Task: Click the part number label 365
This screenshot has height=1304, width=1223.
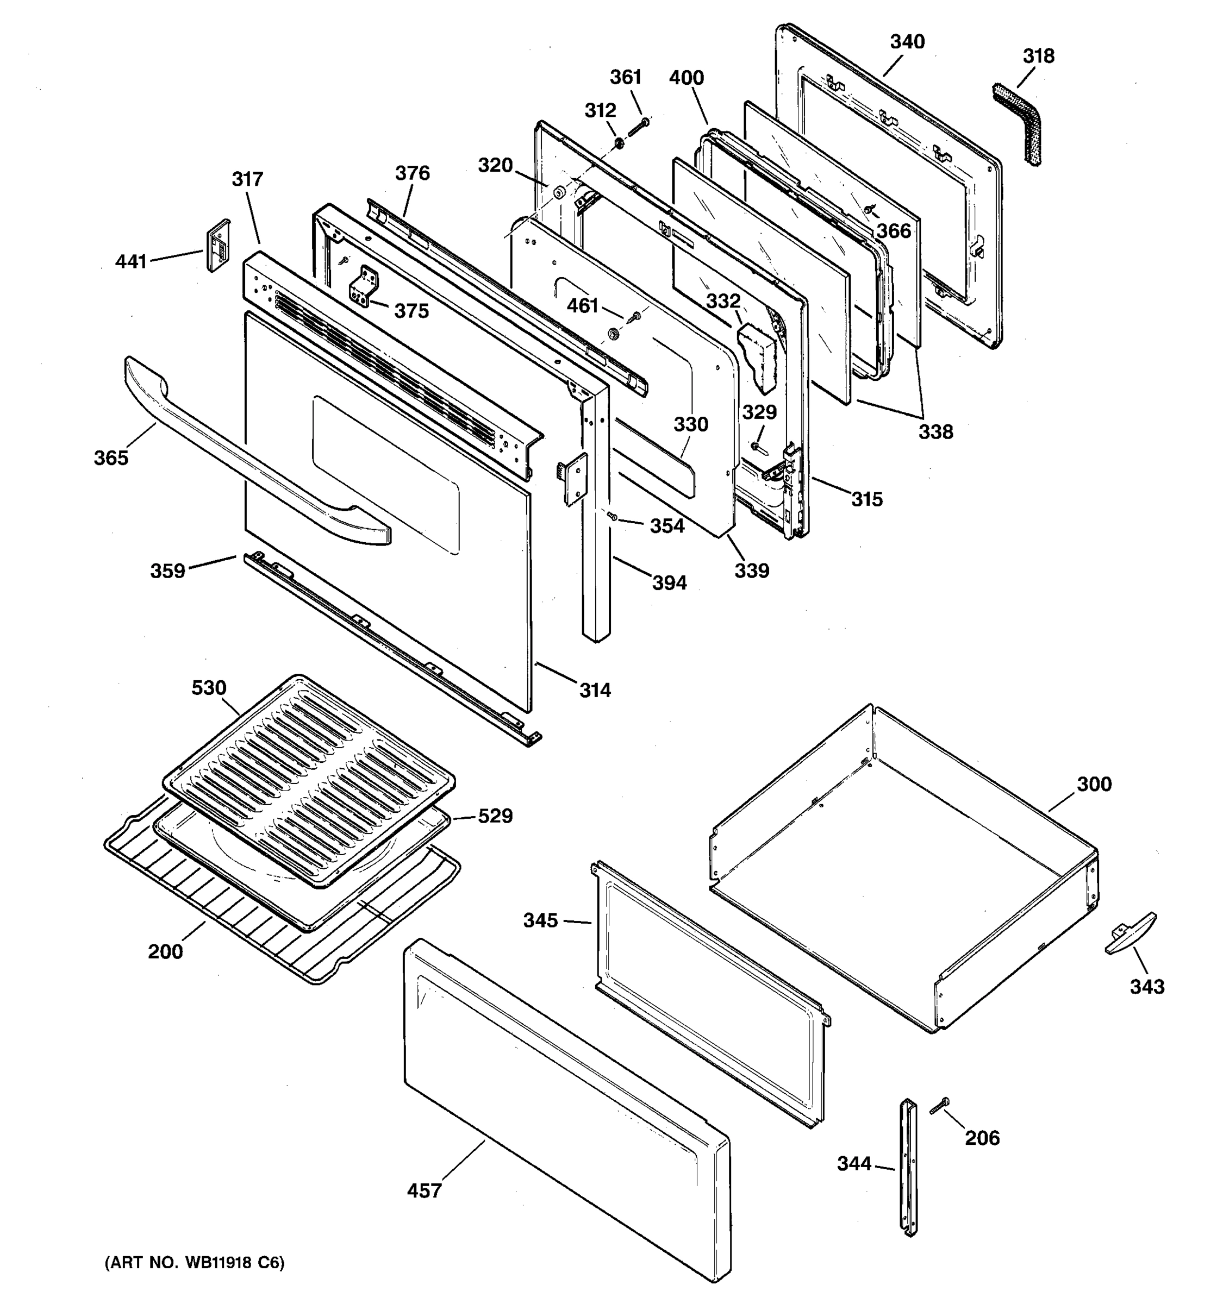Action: (x=111, y=458)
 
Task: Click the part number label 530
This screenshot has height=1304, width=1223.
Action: (x=209, y=687)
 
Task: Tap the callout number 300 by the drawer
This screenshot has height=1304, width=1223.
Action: (x=1094, y=784)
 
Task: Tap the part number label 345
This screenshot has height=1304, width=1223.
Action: (x=541, y=920)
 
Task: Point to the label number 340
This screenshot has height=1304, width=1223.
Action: (x=907, y=41)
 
